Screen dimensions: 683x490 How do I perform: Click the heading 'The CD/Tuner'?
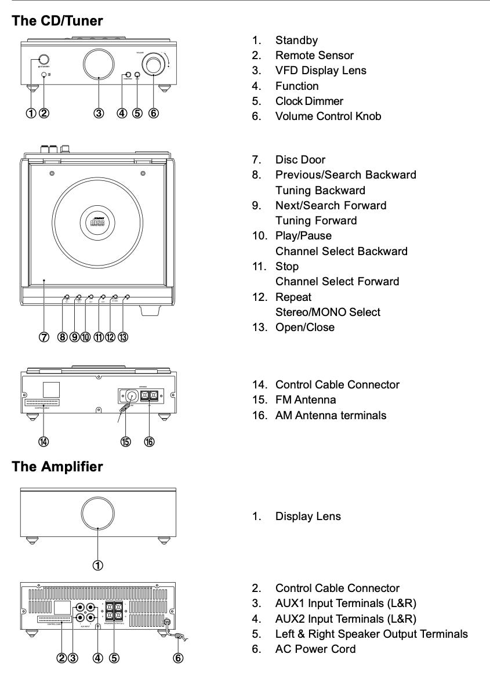[x=57, y=21]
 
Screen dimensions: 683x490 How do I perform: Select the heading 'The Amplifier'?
[x=57, y=466]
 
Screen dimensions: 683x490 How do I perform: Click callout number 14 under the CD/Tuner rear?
[x=43, y=442]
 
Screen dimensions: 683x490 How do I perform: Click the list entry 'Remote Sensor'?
[x=314, y=56]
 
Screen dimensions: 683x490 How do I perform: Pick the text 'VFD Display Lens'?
[x=321, y=71]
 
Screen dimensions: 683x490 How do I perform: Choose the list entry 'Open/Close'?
[x=305, y=327]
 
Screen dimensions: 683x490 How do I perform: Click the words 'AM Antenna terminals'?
[x=331, y=415]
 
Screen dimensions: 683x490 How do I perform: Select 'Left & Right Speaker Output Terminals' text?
[x=371, y=634]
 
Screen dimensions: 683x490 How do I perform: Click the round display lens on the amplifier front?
[x=99, y=513]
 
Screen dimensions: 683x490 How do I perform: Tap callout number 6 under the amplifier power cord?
[x=179, y=657]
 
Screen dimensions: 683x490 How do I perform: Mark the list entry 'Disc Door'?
[x=300, y=159]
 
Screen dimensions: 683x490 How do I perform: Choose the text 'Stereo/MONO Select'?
[x=328, y=312]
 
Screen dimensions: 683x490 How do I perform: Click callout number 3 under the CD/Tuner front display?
[x=99, y=113]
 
